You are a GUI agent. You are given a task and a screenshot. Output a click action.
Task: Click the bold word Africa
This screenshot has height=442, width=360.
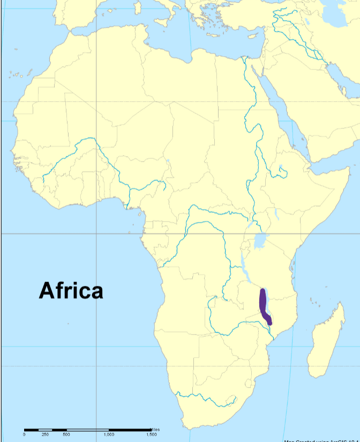[71, 291]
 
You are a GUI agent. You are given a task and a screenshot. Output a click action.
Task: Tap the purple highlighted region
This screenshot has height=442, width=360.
[264, 305]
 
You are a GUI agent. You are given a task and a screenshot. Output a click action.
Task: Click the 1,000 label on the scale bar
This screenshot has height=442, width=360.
[109, 435]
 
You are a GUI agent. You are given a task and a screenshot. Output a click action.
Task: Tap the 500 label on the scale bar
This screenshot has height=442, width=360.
[66, 435]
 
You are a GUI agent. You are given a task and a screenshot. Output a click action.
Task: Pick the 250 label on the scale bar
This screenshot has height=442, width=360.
[45, 435]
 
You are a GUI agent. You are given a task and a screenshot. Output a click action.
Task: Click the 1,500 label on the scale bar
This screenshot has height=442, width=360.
[151, 435]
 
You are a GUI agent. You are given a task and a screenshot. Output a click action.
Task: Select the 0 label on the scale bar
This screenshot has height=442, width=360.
[24, 435]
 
